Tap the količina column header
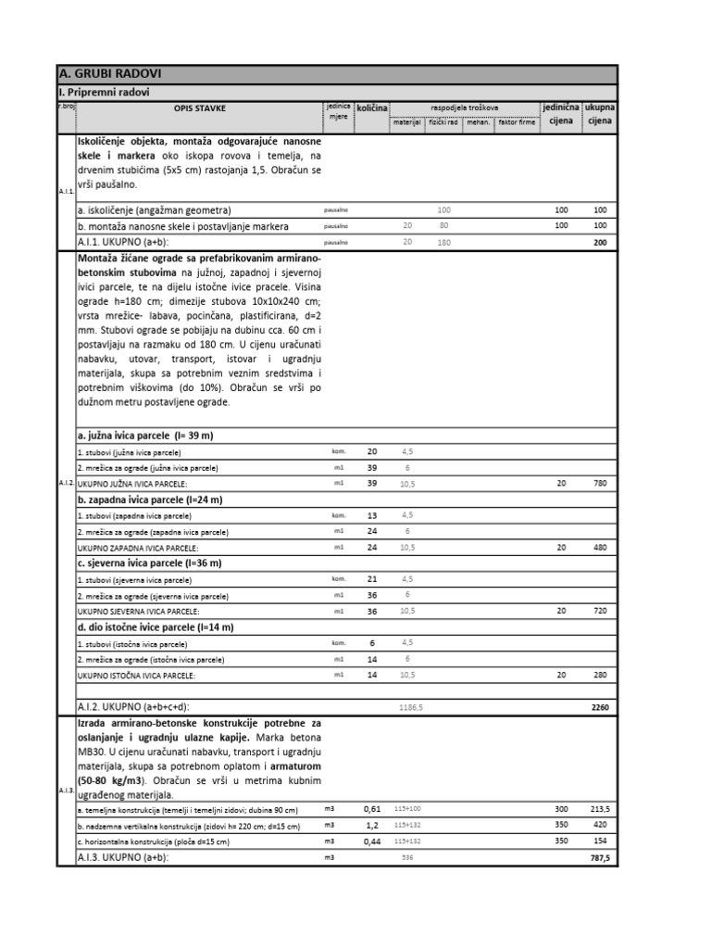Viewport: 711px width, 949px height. pyautogui.click(x=372, y=108)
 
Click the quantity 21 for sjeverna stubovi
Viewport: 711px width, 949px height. pyautogui.click(x=372, y=578)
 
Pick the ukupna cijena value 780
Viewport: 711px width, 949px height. pyautogui.click(x=599, y=484)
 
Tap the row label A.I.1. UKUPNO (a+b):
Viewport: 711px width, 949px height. pyautogui.click(x=134, y=242)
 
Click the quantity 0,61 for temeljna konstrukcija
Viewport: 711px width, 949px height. pyautogui.click(x=372, y=808)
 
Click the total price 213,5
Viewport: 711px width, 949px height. pyautogui.click(x=599, y=808)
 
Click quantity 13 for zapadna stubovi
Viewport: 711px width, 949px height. pyautogui.click(x=372, y=515)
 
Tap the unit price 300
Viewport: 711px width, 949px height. pyautogui.click(x=561, y=808)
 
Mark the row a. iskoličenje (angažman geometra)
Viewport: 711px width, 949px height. pyautogui.click(x=155, y=210)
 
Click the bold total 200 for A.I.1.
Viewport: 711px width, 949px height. pyautogui.click(x=599, y=242)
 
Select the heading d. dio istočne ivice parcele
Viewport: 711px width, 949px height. pyautogui.click(x=156, y=627)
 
